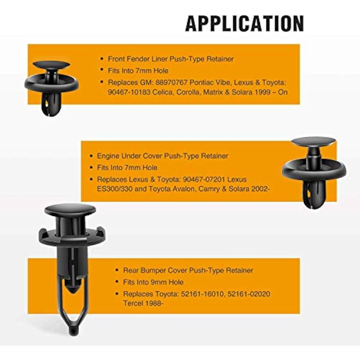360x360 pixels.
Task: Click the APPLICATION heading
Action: point(244,23)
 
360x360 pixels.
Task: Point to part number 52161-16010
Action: point(202,294)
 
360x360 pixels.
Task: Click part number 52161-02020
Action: point(248,294)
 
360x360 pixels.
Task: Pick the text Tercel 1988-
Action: point(143,303)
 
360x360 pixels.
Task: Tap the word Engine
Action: point(108,156)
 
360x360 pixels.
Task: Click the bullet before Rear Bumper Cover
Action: point(117,270)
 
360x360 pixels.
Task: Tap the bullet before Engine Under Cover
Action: point(91,156)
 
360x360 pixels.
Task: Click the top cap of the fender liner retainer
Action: point(51,64)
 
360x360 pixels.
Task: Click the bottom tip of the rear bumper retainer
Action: point(73,332)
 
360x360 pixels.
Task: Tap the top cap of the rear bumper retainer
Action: point(70,210)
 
